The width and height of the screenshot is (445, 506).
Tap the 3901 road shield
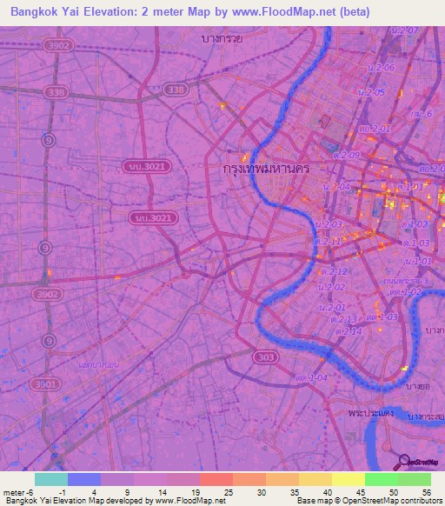coord(49,383)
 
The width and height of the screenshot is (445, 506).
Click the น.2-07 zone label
coord(405,31)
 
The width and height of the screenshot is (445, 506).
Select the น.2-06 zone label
coord(381,68)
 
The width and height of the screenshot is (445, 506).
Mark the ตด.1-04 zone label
coord(310,378)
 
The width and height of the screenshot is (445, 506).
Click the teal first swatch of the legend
coord(51,479)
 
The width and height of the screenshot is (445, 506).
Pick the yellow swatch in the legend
coord(348,479)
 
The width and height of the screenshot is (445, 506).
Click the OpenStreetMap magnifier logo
coord(403,462)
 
